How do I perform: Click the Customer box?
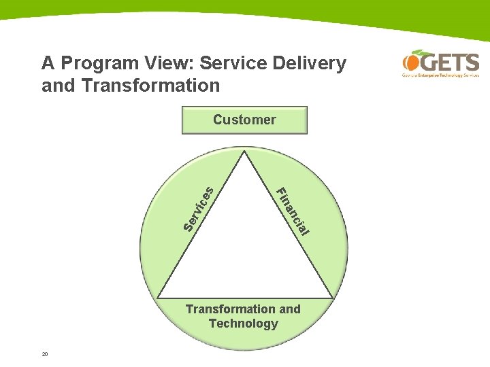tap(244, 120)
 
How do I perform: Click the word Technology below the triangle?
tap(243, 324)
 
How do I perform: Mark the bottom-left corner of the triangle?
tap(158, 298)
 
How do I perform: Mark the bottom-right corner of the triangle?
tap(332, 298)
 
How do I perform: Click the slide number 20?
tap(45, 354)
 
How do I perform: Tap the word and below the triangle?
tap(289, 309)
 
